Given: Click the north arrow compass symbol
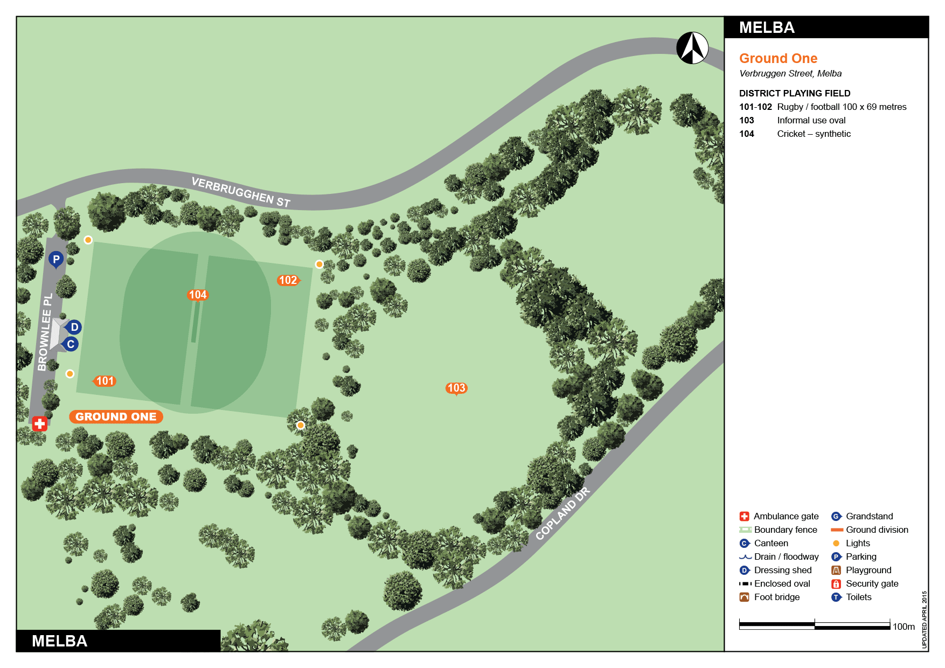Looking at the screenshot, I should [x=692, y=48].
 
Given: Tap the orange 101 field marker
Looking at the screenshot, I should [x=105, y=381].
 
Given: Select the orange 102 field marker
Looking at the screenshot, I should [x=288, y=280].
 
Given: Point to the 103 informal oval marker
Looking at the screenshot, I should [x=456, y=388].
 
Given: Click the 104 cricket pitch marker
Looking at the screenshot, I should [x=198, y=295].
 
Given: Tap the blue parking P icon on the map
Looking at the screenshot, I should [x=56, y=259].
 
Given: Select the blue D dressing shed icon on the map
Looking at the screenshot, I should [x=74, y=327].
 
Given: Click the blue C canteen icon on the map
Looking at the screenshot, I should [x=71, y=344].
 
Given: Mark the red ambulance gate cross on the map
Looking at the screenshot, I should [x=39, y=423].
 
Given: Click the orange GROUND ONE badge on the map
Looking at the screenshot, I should [x=116, y=416].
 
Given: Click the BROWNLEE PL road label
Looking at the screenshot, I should [x=45, y=332].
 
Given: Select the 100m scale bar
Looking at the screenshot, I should [x=814, y=625].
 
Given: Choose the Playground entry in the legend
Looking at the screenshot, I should [x=868, y=570].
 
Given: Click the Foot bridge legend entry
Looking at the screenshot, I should [x=776, y=597].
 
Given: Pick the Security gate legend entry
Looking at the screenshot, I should [x=872, y=583].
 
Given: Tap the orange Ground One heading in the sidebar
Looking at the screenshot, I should [x=778, y=58].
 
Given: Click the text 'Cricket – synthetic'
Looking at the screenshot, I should [x=814, y=134].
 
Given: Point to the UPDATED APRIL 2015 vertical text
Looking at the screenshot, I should [x=924, y=620].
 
